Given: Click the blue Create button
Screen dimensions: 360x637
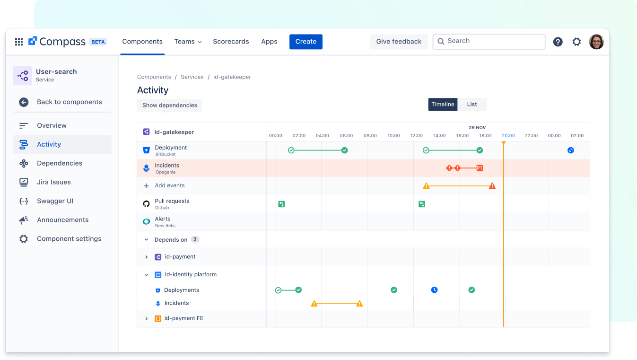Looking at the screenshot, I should pyautogui.click(x=305, y=42).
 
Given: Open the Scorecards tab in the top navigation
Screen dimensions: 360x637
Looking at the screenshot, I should pyautogui.click(x=231, y=42).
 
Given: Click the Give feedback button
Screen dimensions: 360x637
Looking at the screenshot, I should pyautogui.click(x=399, y=42).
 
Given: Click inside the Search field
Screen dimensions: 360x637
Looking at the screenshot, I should pyautogui.click(x=492, y=41).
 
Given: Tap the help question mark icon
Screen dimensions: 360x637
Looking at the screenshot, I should pyautogui.click(x=558, y=42).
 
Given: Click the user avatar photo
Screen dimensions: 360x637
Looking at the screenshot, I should pyautogui.click(x=596, y=42).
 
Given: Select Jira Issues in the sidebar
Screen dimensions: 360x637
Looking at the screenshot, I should pyautogui.click(x=54, y=182).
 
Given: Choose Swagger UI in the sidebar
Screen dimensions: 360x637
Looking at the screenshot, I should pyautogui.click(x=55, y=201).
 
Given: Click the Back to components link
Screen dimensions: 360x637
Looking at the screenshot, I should pyautogui.click(x=69, y=102).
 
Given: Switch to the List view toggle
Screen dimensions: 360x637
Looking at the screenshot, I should pyautogui.click(x=472, y=104).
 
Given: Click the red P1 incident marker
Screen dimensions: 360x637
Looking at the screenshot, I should pyautogui.click(x=480, y=168).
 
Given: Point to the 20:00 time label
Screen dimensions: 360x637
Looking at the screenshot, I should pyautogui.click(x=508, y=136).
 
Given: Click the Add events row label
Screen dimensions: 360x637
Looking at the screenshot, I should pyautogui.click(x=169, y=185).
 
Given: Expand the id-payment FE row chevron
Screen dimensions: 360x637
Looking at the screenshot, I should pyautogui.click(x=147, y=318).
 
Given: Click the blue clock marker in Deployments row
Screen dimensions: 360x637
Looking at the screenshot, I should pyautogui.click(x=434, y=290).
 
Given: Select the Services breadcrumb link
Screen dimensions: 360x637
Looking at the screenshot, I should pyautogui.click(x=192, y=77).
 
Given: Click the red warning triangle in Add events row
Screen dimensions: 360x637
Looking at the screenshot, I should pyautogui.click(x=492, y=186).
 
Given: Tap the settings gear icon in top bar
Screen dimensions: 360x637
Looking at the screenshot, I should pyautogui.click(x=576, y=42).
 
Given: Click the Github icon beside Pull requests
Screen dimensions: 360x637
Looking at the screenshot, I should pyautogui.click(x=147, y=204).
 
